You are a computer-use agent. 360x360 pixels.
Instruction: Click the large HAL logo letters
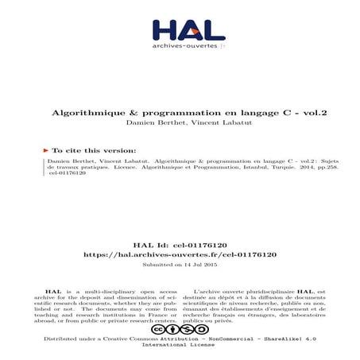click(x=180, y=29)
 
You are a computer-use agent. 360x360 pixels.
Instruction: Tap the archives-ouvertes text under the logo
click(x=176, y=46)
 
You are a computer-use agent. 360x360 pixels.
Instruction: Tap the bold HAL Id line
click(x=180, y=245)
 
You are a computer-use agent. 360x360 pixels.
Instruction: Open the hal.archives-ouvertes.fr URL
click(x=180, y=254)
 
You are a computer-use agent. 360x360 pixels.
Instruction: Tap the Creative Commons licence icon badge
click(x=180, y=328)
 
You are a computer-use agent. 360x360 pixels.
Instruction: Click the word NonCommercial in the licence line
click(x=242, y=338)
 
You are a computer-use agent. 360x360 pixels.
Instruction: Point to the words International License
click(x=180, y=346)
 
